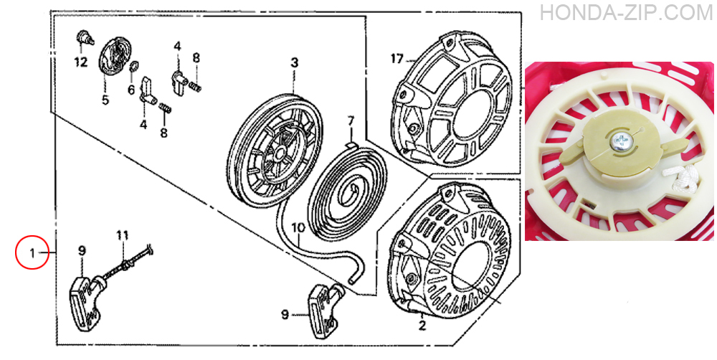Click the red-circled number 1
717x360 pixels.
click(32, 252)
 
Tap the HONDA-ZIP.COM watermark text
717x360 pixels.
click(627, 13)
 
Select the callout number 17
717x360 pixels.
click(397, 59)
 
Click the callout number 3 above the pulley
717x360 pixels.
click(295, 62)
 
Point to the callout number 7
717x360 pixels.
click(351, 121)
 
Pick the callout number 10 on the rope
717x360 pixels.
click(298, 227)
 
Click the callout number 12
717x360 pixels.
click(81, 62)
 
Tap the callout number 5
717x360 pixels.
click(105, 100)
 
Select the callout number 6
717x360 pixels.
click(131, 90)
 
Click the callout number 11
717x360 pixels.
click(122, 236)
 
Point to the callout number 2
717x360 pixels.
click(422, 326)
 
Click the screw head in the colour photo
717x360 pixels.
click(620, 139)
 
